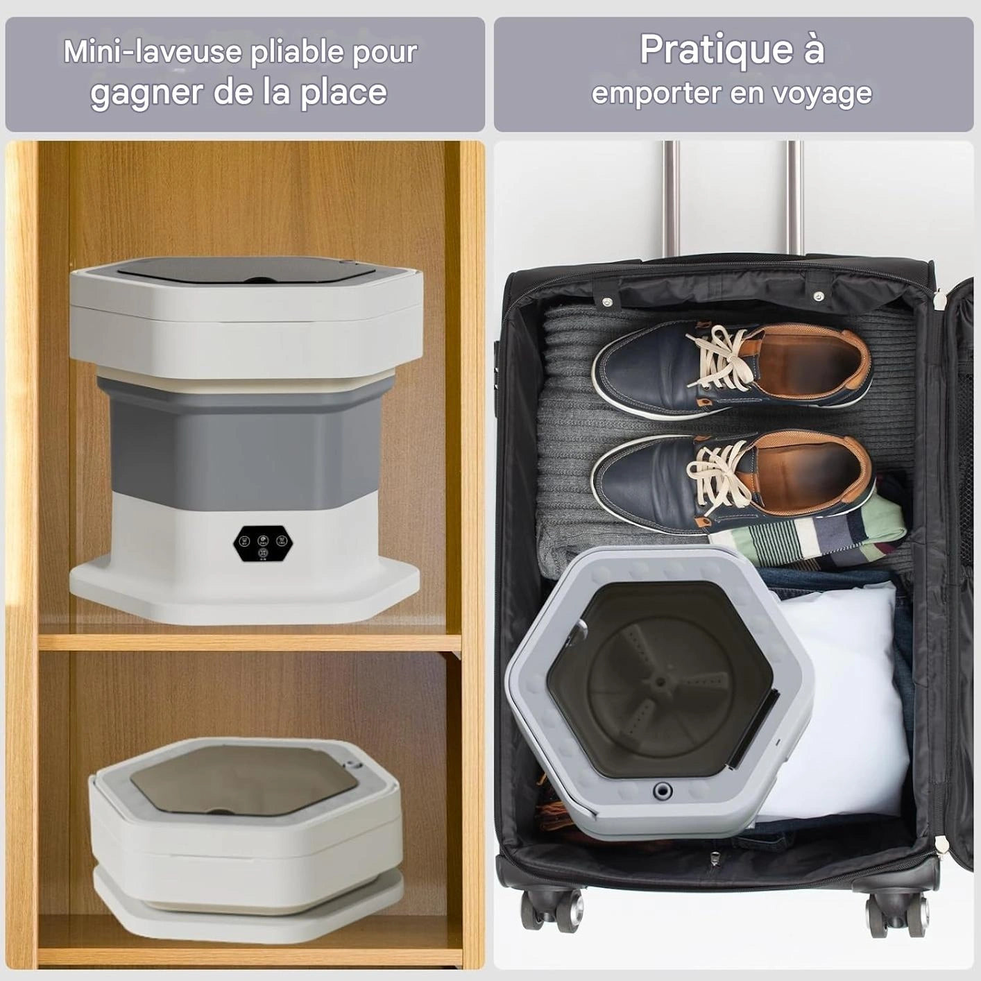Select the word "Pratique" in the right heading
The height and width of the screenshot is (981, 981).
point(716,51)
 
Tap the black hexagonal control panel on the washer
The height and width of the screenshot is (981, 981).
point(262,544)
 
